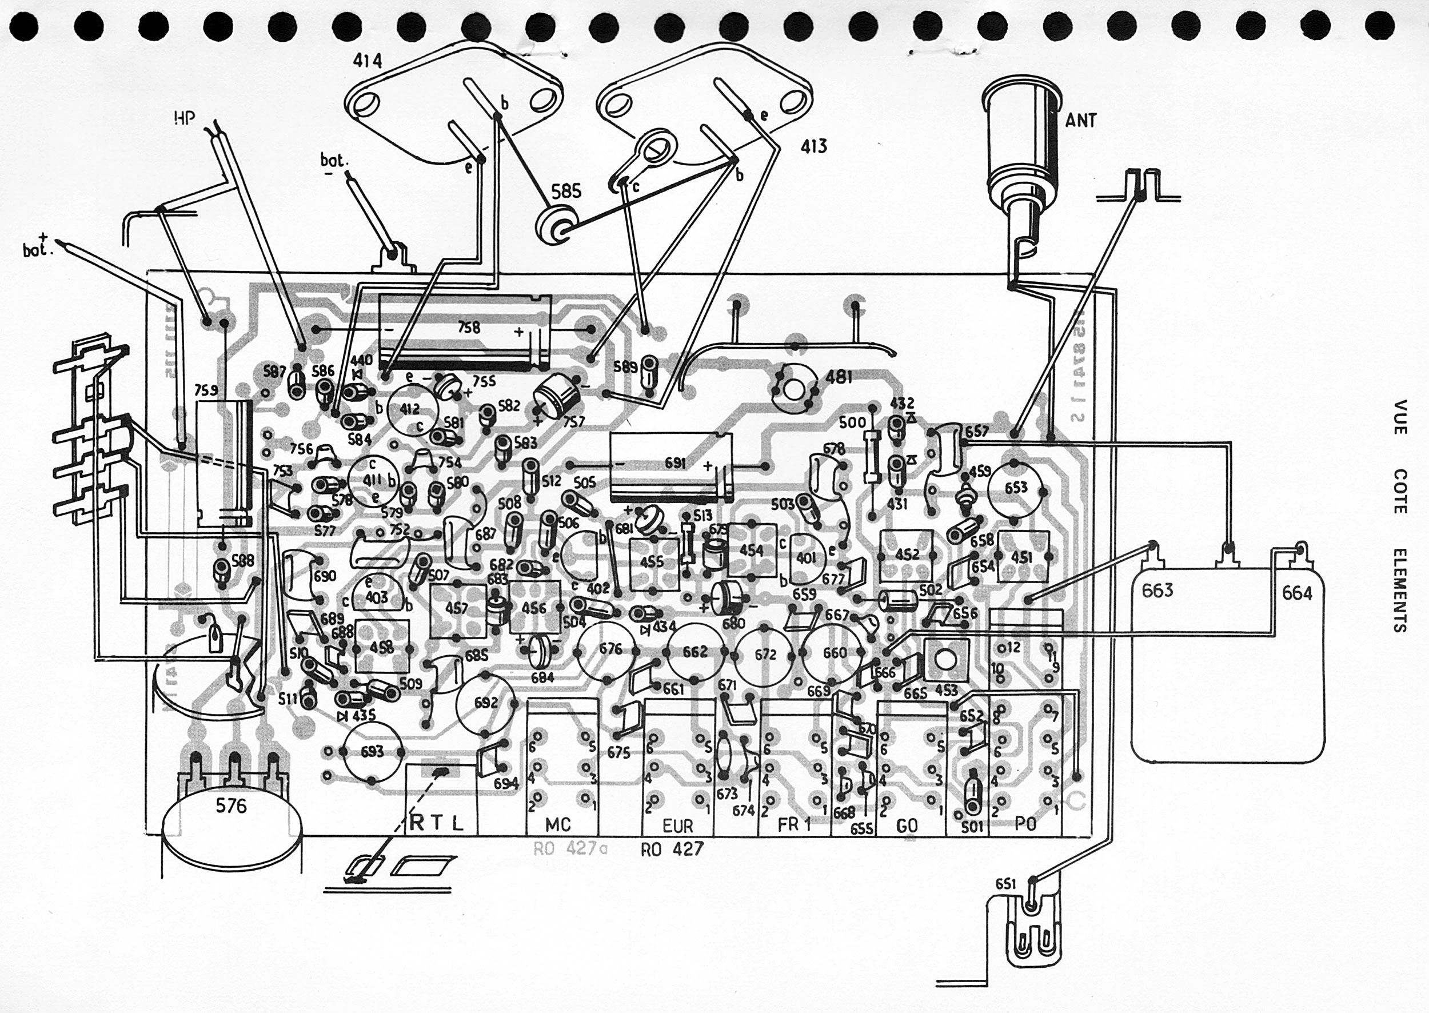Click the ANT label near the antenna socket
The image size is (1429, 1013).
tap(1080, 119)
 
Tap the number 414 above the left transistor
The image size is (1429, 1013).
tap(368, 61)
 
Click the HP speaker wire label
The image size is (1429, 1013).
tap(185, 118)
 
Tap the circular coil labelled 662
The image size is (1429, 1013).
tap(694, 652)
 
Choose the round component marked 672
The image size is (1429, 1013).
tap(765, 655)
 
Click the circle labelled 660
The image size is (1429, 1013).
tap(834, 653)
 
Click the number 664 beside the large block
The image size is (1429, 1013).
tap(1297, 593)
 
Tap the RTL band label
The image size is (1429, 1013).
tap(437, 823)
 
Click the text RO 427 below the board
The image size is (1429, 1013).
tap(672, 850)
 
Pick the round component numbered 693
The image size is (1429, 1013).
tap(372, 752)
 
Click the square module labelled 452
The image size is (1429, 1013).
tap(907, 555)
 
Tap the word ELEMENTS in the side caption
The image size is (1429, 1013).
tap(1399, 589)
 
